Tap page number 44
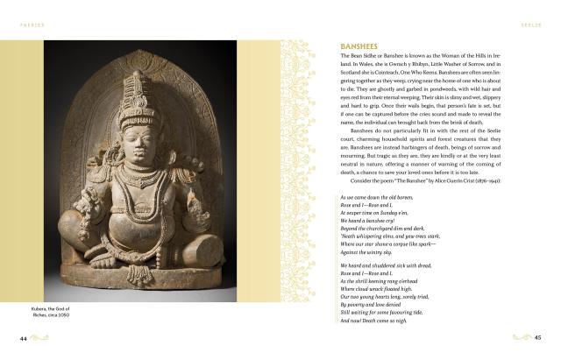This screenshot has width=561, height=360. tap(25, 337)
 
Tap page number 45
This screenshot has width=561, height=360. tap(539, 337)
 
